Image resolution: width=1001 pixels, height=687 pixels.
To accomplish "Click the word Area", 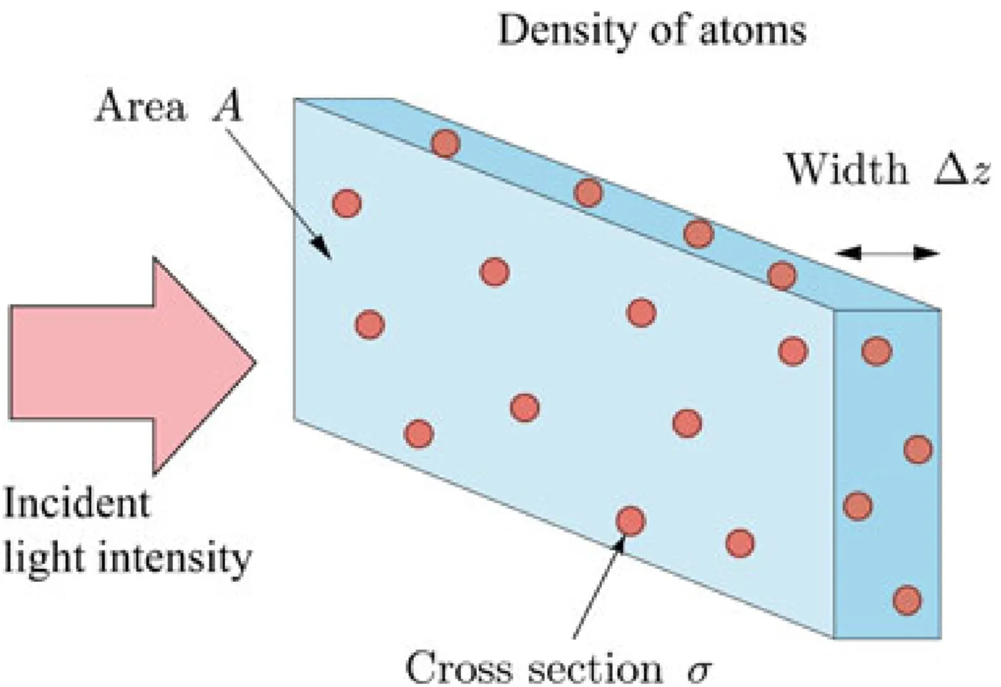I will [x=140, y=107].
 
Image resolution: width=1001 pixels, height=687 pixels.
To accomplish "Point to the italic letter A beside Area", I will [x=227, y=107].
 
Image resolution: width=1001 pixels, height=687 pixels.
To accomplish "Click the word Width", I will [x=846, y=169].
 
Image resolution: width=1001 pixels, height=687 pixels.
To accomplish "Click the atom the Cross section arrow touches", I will [x=630, y=521].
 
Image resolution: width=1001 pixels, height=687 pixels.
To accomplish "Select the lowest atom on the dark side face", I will [x=907, y=599].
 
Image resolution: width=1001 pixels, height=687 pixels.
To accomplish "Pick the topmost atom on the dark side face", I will [x=877, y=351].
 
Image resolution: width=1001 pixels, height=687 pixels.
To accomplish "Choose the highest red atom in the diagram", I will [x=445, y=144].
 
